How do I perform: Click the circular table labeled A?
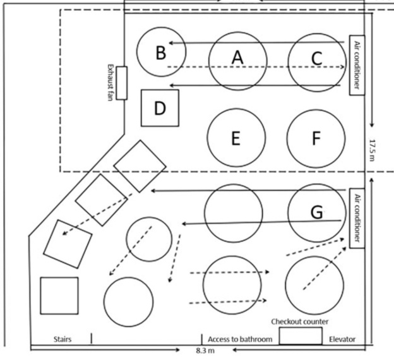click(237, 59)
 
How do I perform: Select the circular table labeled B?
click(161, 52)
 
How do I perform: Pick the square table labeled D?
click(160, 108)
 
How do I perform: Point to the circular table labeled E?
click(236, 138)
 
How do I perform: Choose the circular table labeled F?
click(316, 138)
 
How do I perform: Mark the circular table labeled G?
click(316, 213)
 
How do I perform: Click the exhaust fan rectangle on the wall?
click(121, 83)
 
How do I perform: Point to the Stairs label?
click(61, 340)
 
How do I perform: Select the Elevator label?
click(342, 340)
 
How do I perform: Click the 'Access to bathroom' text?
click(240, 340)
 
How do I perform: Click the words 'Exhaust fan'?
click(110, 83)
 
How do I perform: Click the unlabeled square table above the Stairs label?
click(59, 296)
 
